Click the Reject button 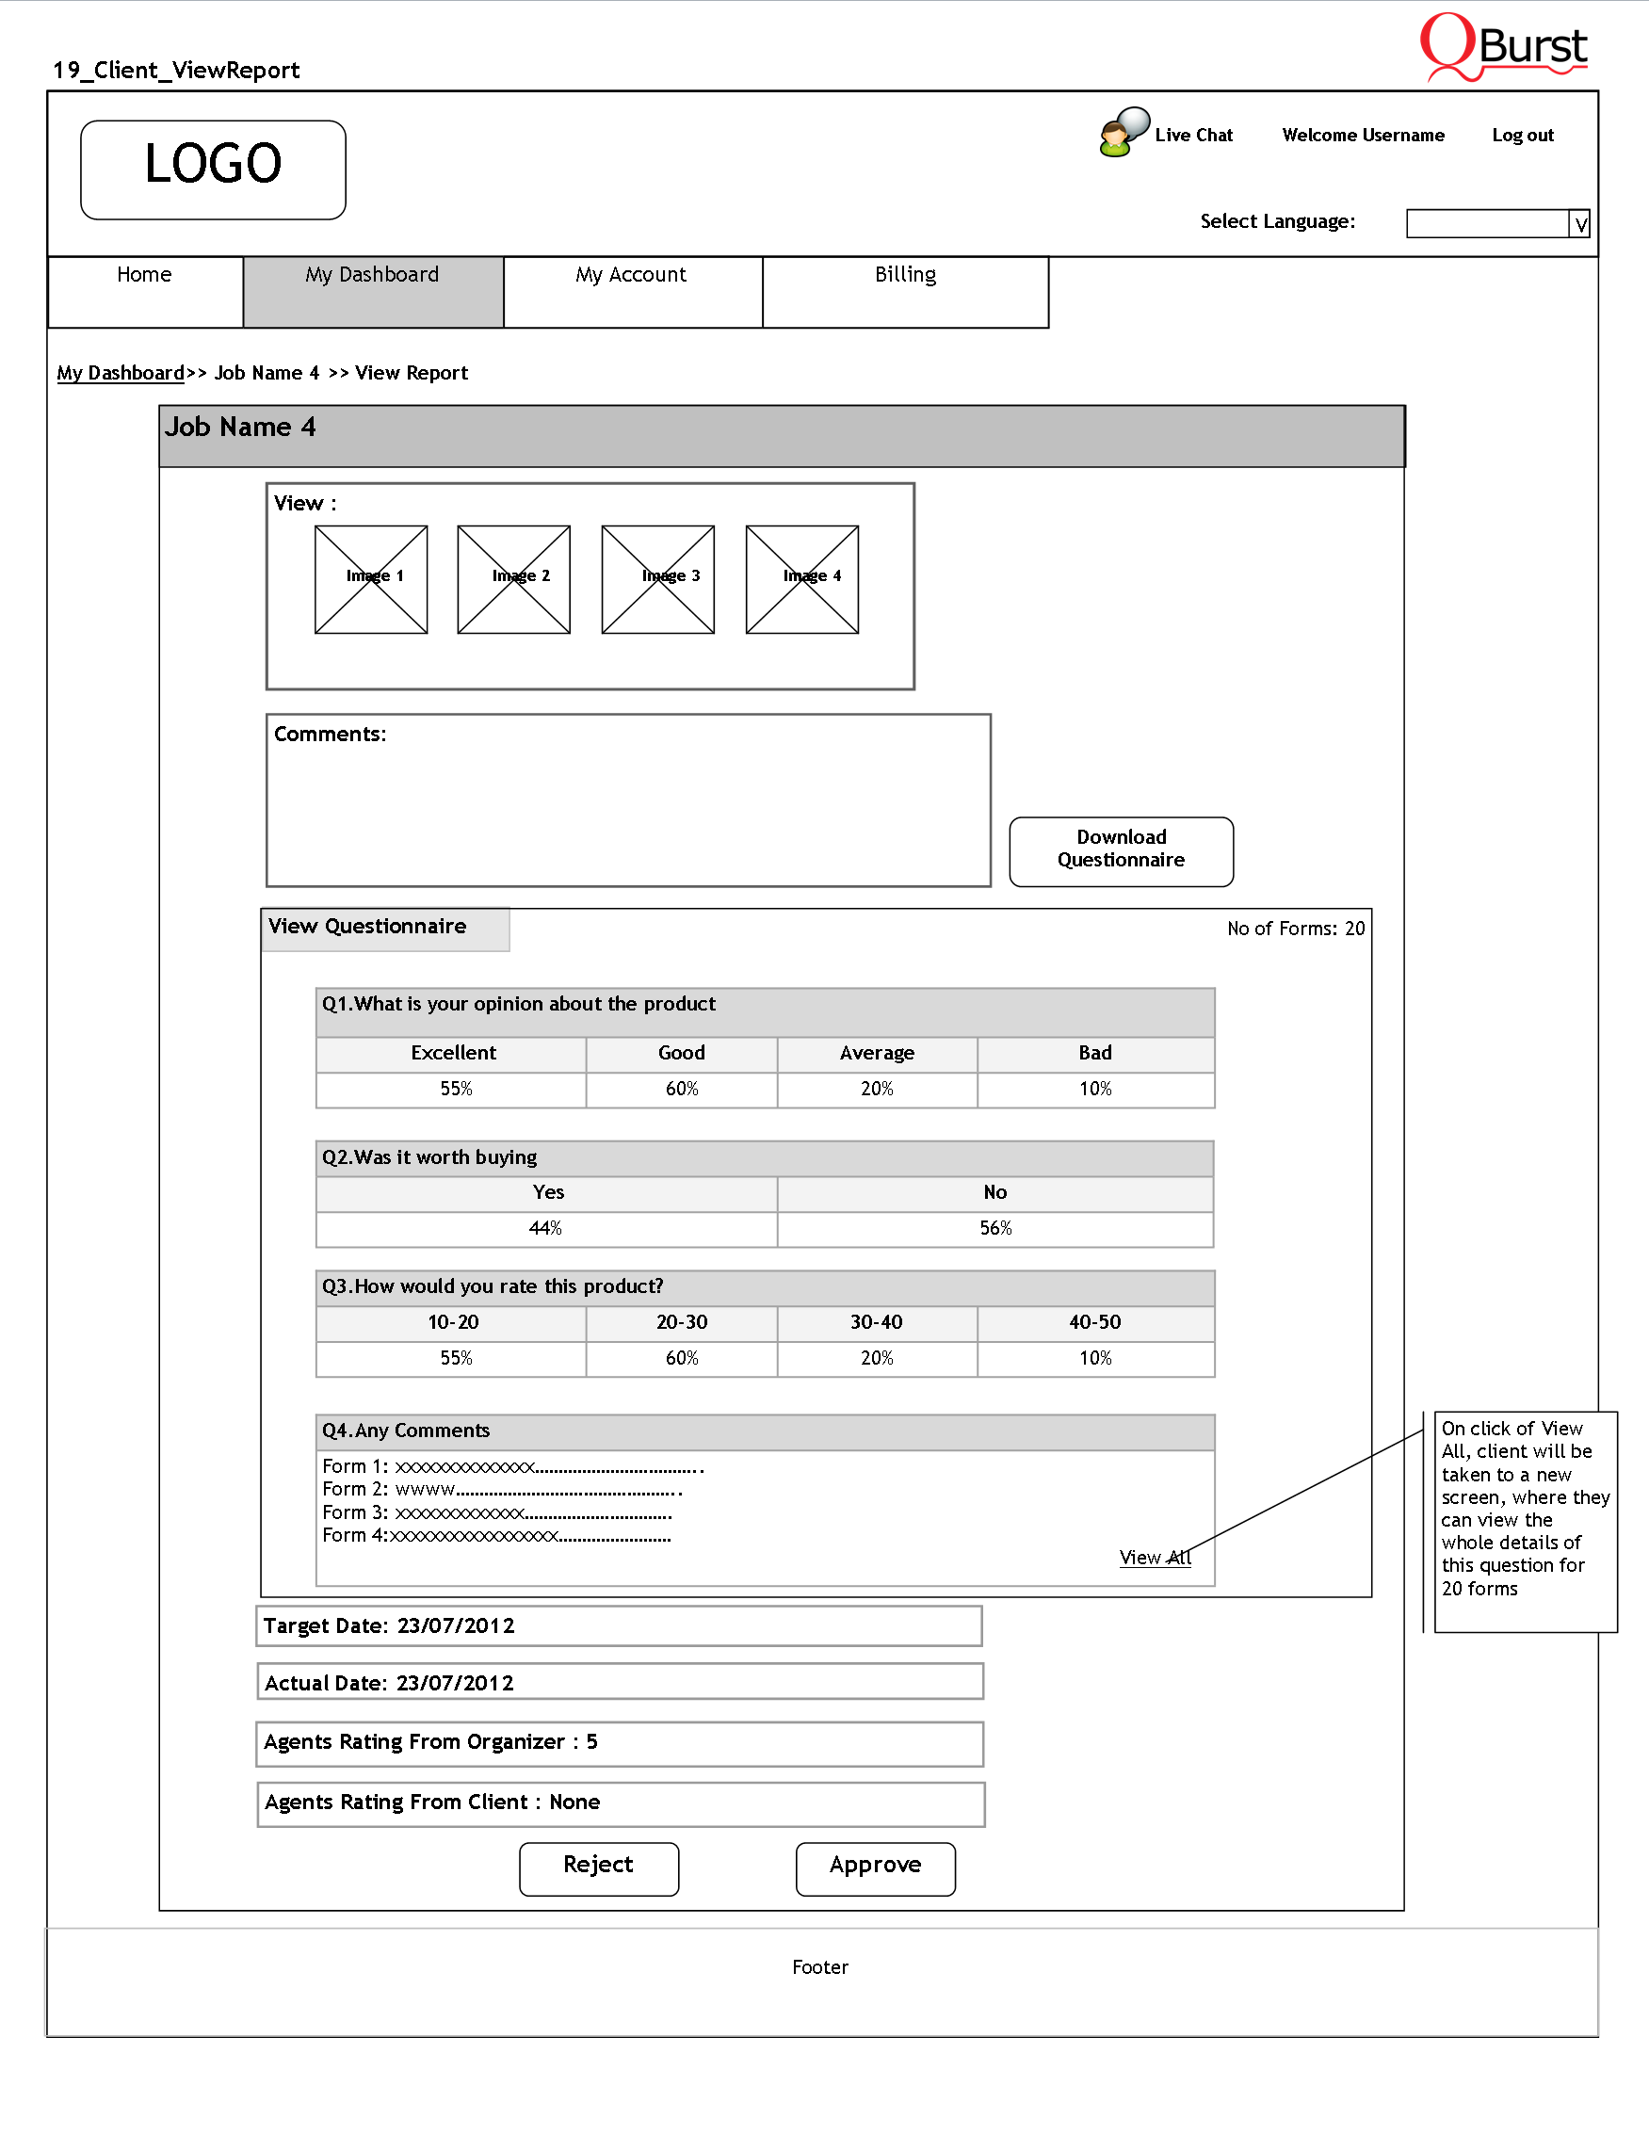pos(599,1867)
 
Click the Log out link pos(1522,136)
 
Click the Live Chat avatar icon pos(1123,133)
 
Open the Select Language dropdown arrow pos(1579,224)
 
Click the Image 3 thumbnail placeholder pos(657,579)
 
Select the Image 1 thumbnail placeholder pos(370,579)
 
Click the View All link pos(1155,1558)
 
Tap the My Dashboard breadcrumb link pos(121,373)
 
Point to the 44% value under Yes pos(545,1228)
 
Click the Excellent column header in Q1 pos(452,1053)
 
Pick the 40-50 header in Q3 pos(1094,1323)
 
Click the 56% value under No pos(995,1228)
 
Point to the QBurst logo pos(1503,46)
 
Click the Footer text pos(819,1967)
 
